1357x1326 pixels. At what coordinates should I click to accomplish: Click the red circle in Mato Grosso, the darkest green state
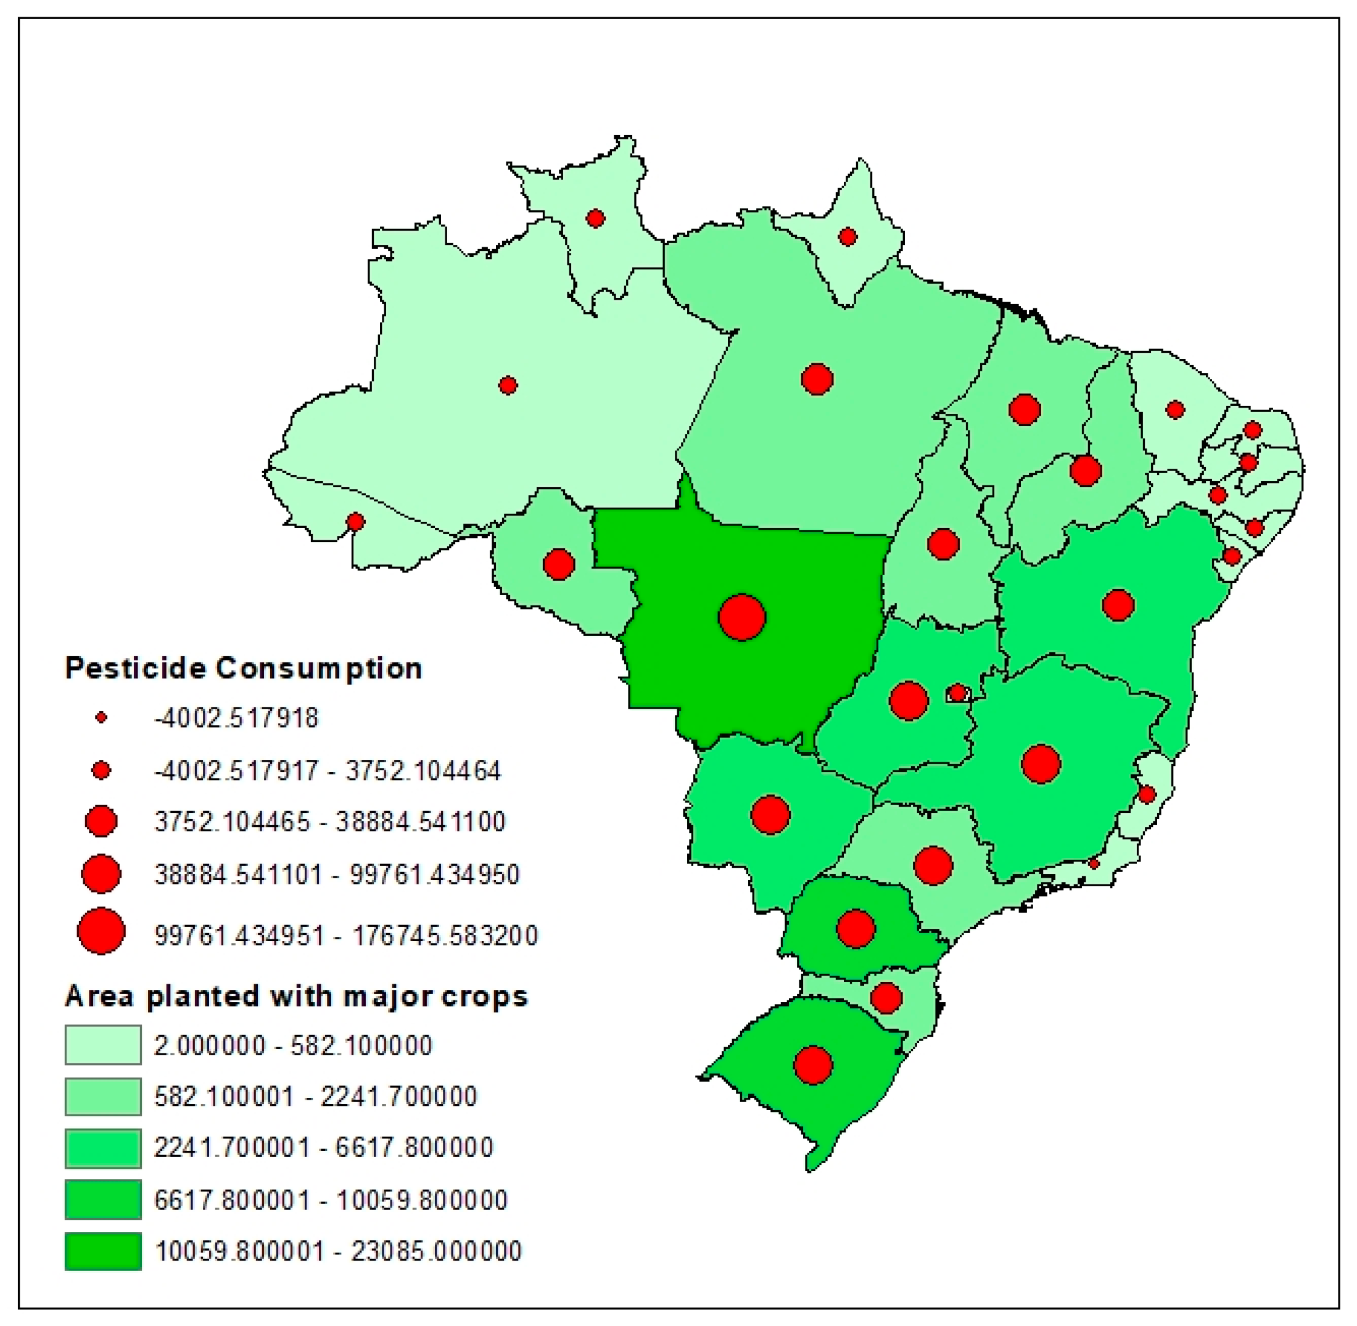point(742,617)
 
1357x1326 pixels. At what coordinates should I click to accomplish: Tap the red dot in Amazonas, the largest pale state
point(508,385)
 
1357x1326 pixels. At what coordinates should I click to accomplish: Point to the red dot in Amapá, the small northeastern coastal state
point(847,237)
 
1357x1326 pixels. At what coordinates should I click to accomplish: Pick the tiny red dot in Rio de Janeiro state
point(1094,863)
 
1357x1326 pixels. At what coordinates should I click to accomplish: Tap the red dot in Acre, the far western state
point(355,522)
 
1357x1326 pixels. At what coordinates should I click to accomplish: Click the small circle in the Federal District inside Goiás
point(958,693)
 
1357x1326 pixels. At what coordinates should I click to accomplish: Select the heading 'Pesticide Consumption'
point(243,668)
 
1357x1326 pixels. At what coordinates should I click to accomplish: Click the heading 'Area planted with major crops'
point(296,996)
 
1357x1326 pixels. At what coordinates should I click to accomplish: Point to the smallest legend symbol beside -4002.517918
point(102,717)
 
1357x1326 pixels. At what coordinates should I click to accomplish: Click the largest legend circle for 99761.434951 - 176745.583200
point(102,931)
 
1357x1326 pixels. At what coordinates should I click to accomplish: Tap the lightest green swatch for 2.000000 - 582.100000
point(103,1045)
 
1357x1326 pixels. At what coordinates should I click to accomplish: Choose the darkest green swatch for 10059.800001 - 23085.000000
point(103,1251)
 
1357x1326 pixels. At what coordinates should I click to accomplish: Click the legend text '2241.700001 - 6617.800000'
point(323,1147)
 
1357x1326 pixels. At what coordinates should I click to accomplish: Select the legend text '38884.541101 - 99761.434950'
point(336,874)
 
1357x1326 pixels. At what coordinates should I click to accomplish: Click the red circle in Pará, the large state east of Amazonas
point(817,379)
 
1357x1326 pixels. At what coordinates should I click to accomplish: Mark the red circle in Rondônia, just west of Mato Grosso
point(559,564)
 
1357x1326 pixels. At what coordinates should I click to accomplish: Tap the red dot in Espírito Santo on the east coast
point(1147,794)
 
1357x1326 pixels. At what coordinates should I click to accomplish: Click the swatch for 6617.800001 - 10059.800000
point(103,1199)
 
